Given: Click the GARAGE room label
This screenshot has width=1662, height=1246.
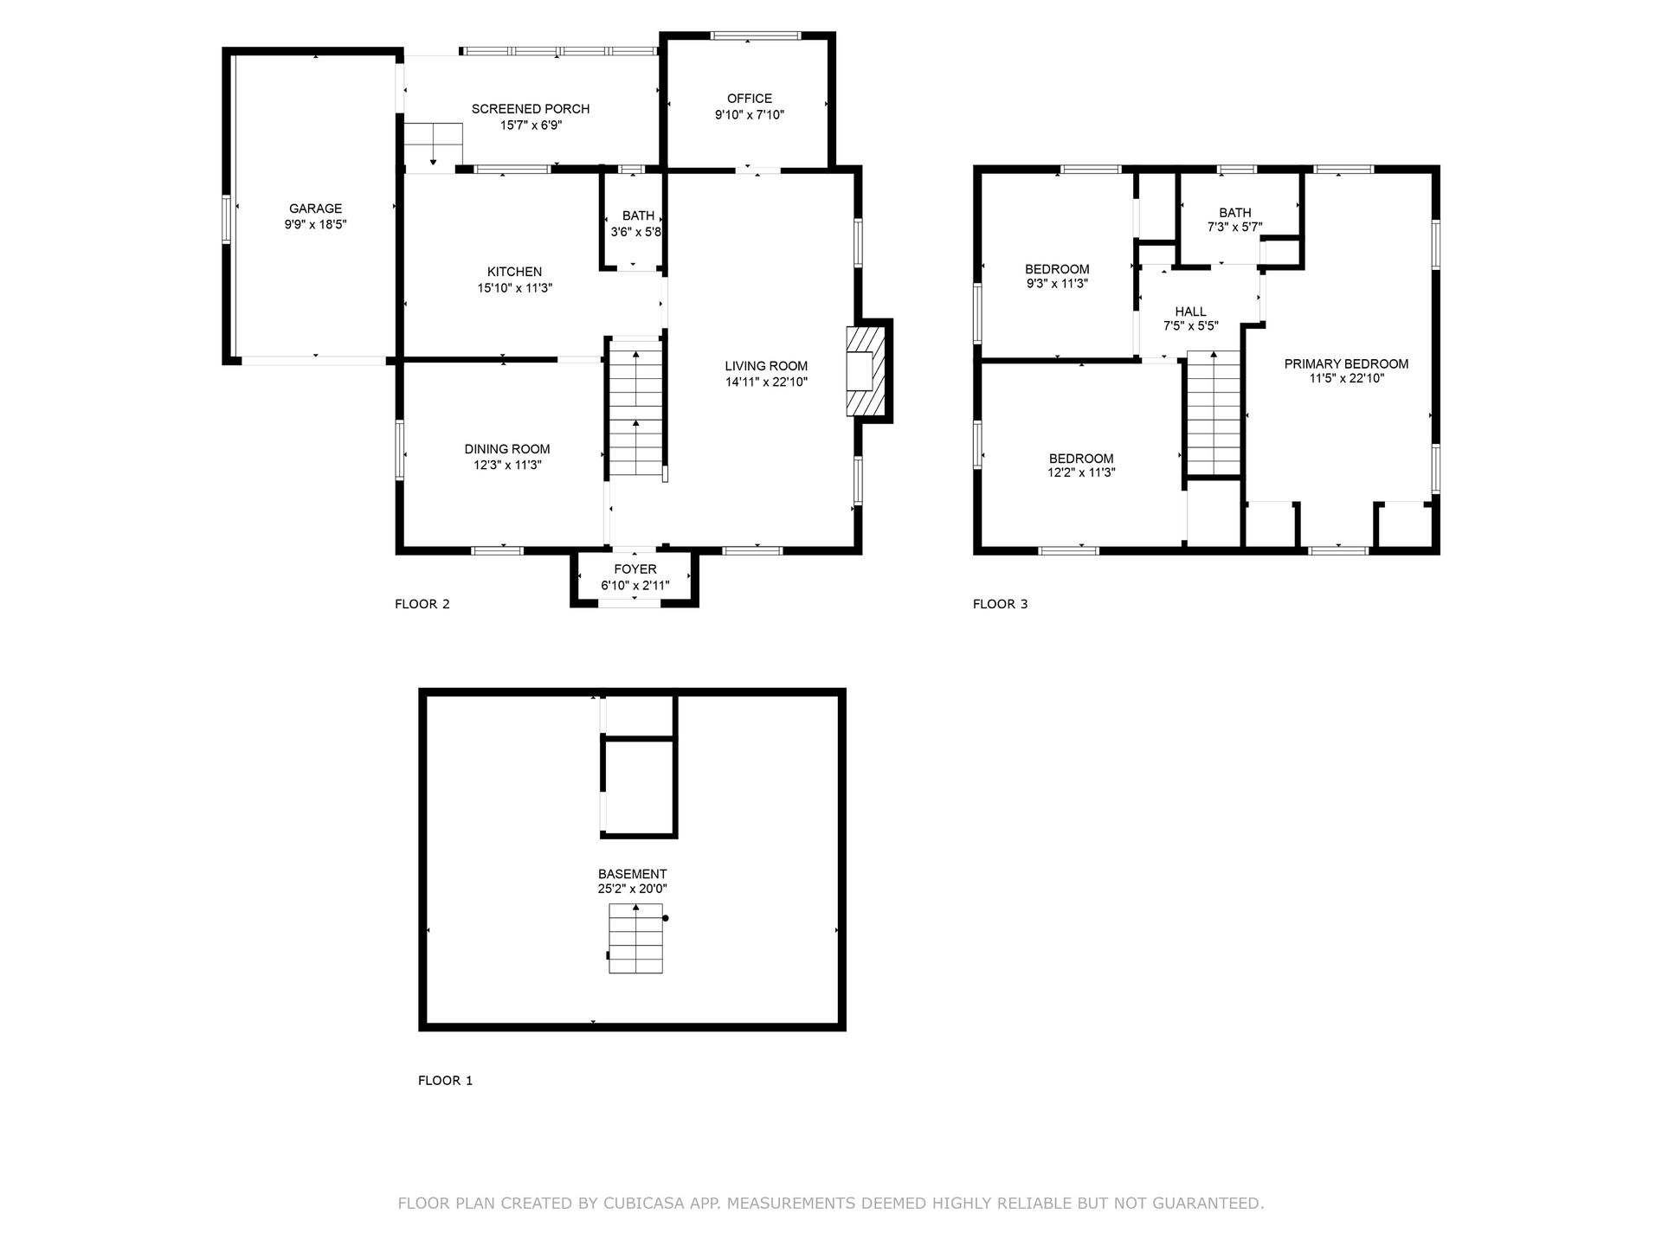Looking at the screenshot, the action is pos(315,209).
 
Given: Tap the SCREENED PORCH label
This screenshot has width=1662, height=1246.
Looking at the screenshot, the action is pos(531,109).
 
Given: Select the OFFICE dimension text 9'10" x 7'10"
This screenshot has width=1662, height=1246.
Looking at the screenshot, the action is pos(750,114).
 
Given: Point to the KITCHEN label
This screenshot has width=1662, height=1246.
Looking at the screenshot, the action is pos(514,272).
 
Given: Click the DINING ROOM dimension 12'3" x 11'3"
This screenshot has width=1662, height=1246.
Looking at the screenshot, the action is pos(507,465).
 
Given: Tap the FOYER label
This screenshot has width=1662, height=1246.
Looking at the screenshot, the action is pos(635,569).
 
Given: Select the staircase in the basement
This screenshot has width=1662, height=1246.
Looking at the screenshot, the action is pos(636,939).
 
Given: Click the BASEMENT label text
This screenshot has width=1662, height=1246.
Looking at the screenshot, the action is pos(632,874).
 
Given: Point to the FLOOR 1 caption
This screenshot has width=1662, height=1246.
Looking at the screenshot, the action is pos(446,1081).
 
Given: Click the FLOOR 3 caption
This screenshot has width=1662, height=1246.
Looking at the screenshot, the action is pos(1001,604).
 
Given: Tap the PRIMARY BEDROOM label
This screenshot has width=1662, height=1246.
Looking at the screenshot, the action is pos(1346,364).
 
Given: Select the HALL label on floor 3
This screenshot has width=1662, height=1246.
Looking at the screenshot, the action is pos(1190,311).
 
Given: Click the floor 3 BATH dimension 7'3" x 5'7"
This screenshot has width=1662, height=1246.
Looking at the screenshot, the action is pos(1235,228).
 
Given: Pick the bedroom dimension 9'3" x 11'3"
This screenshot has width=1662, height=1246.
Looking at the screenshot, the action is pos(1057,284).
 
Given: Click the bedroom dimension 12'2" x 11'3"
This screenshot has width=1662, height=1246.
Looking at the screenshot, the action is pos(1081,473).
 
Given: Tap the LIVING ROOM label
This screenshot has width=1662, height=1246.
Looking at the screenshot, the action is pos(766,366).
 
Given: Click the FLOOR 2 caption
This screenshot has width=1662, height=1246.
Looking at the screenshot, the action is pos(422,604).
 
